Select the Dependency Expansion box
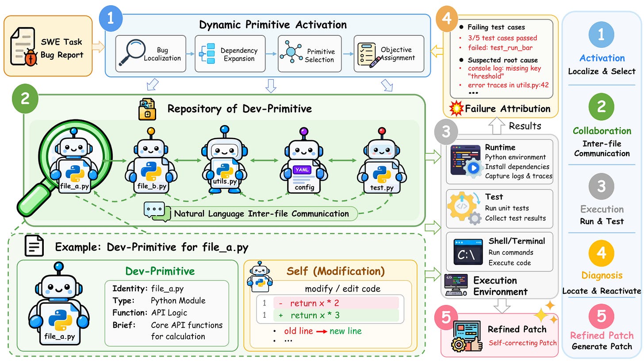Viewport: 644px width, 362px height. click(230, 54)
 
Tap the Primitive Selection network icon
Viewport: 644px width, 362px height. click(291, 52)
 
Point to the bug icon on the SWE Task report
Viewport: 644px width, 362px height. click(31, 57)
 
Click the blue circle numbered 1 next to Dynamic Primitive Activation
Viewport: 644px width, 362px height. click(111, 19)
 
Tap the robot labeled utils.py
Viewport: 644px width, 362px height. click(225, 159)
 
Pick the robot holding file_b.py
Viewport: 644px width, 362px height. click(151, 160)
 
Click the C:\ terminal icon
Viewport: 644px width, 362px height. click(468, 252)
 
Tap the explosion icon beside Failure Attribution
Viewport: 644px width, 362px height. click(456, 108)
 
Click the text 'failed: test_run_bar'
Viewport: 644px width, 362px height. click(500, 47)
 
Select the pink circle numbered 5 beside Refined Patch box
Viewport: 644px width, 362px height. click(446, 317)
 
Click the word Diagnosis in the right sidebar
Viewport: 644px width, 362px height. click(602, 275)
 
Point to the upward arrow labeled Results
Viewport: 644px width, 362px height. click(497, 126)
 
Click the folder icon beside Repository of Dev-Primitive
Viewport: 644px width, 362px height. click(147, 109)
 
